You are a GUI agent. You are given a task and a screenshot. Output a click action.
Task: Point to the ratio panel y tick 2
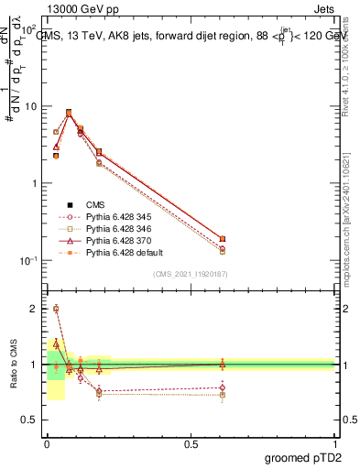click(x=35, y=309)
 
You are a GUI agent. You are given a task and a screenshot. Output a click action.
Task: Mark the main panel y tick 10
click(x=30, y=106)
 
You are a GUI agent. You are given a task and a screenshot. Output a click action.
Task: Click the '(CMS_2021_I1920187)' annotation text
click(x=191, y=274)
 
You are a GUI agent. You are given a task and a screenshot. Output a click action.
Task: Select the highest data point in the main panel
click(x=69, y=113)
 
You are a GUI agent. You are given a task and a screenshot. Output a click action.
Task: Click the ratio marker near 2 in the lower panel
click(x=56, y=309)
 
